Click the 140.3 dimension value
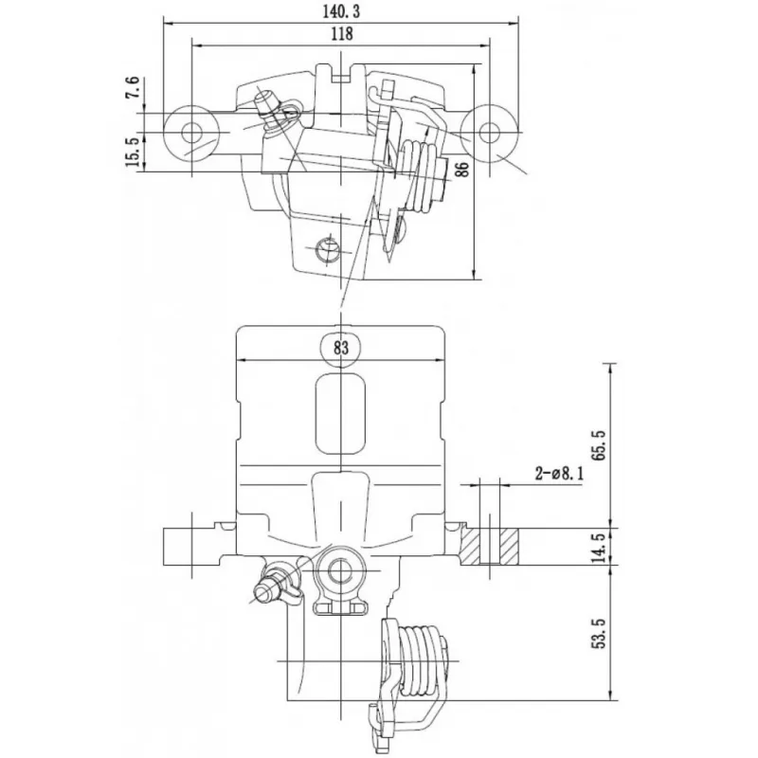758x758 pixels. pyautogui.click(x=341, y=10)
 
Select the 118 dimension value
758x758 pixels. pyautogui.click(x=342, y=34)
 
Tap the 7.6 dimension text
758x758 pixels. pyautogui.click(x=133, y=87)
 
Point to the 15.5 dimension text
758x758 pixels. pyautogui.click(x=134, y=153)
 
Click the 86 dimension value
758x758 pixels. pyautogui.click(x=462, y=169)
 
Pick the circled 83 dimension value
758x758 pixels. pyautogui.click(x=341, y=348)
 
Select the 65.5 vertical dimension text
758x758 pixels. pyautogui.click(x=600, y=444)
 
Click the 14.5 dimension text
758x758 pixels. pyautogui.click(x=600, y=548)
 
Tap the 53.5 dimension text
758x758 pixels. pyautogui.click(x=600, y=633)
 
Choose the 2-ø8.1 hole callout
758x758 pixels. pyautogui.click(x=559, y=473)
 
